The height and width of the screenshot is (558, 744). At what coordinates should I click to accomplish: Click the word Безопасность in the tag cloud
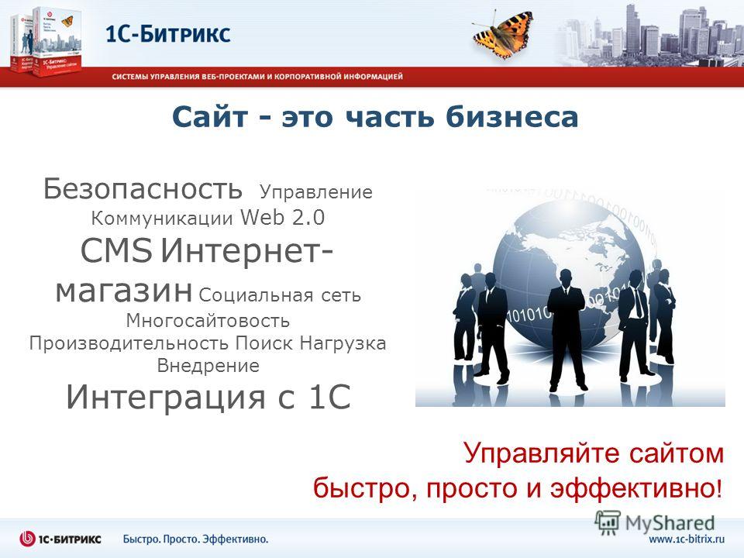point(143,189)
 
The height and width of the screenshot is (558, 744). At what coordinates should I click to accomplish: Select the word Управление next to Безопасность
point(316,193)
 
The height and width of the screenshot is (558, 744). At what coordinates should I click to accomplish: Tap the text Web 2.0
point(283,217)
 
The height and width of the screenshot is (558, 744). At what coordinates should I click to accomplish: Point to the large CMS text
point(117,250)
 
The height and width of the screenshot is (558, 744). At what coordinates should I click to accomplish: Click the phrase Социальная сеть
point(280,295)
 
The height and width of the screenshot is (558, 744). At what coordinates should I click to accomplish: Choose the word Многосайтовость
point(208,321)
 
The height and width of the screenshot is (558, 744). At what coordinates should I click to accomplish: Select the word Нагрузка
point(343,343)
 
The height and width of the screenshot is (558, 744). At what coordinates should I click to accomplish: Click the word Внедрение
point(208,365)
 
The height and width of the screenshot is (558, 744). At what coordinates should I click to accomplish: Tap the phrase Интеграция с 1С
point(208,397)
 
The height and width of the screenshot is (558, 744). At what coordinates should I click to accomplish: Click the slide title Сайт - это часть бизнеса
point(375,117)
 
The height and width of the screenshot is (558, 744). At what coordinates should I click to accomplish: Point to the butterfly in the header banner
point(502,36)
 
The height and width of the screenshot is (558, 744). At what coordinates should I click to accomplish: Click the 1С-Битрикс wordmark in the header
point(168,34)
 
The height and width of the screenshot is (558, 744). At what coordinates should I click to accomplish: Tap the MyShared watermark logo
point(655,523)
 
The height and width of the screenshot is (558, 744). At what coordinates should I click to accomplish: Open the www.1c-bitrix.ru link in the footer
point(687,539)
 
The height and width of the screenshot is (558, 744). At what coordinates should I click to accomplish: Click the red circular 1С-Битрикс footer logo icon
point(28,539)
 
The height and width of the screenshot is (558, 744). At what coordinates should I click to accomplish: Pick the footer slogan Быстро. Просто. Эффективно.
point(195,539)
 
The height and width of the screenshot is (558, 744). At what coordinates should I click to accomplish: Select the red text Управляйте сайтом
point(594,453)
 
